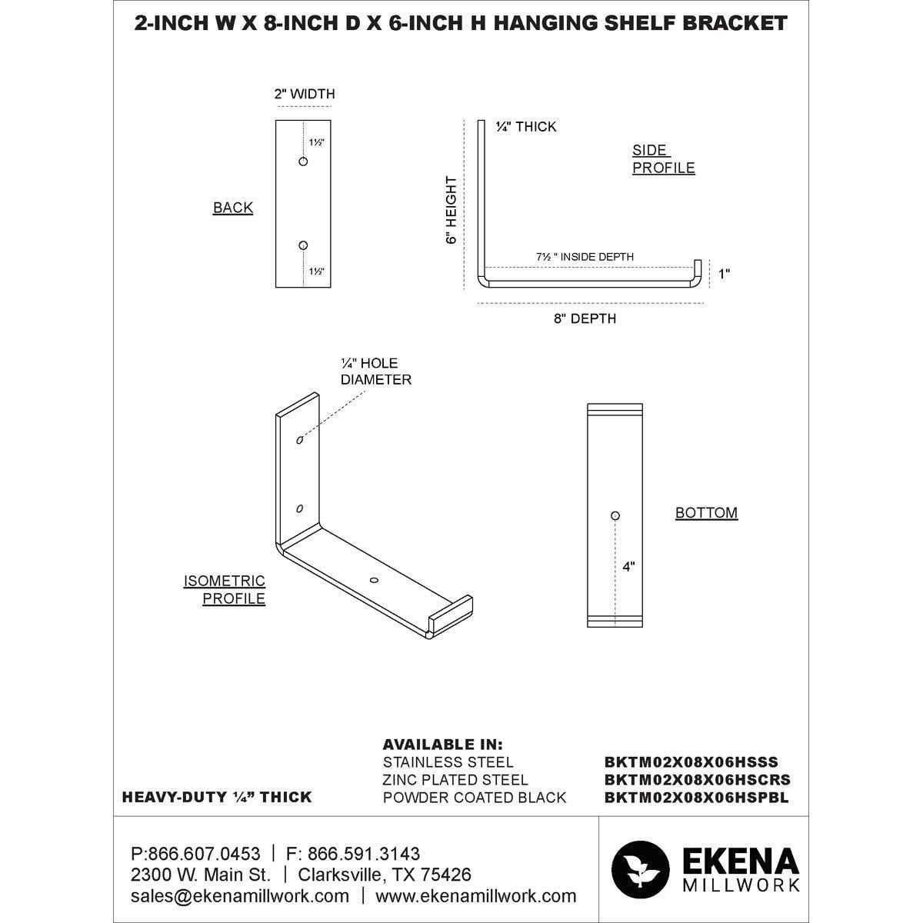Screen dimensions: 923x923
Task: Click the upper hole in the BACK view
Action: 303,162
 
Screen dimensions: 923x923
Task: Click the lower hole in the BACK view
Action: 303,245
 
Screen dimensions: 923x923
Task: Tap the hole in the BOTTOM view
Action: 615,515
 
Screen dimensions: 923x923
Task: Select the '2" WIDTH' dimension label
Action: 305,95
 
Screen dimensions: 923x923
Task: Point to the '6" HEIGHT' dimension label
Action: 452,210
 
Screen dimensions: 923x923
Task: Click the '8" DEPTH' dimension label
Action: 585,318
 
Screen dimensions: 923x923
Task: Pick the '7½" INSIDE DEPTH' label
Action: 585,257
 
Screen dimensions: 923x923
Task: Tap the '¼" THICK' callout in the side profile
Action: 526,127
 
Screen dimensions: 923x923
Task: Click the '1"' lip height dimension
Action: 724,274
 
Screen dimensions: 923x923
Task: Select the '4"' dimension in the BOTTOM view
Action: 629,567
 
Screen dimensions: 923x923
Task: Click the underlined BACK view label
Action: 233,208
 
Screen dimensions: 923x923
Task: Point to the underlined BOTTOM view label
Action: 706,513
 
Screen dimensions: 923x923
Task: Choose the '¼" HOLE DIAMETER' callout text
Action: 376,372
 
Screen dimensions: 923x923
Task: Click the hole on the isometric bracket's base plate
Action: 374,579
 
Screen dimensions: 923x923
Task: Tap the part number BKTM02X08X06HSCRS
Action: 697,780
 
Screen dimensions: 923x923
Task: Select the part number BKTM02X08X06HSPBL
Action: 697,798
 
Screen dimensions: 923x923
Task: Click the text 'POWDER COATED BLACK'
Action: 474,798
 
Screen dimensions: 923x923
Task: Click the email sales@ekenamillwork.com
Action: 240,896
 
